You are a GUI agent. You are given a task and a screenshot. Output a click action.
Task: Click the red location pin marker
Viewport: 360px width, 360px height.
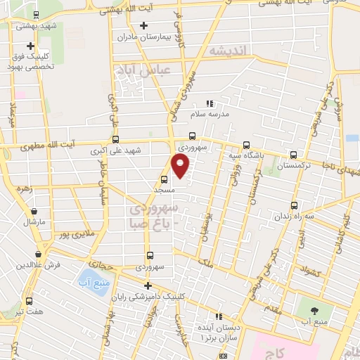click(x=181, y=165)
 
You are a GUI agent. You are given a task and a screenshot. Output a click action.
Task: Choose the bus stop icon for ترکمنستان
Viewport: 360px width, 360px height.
click(x=294, y=155)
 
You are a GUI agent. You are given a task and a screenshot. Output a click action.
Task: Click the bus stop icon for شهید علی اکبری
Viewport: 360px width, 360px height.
click(x=115, y=139)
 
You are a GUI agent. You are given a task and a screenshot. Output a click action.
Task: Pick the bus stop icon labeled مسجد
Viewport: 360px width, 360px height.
click(x=164, y=179)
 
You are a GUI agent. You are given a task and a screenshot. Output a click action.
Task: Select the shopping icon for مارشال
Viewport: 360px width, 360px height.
click(x=32, y=210)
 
